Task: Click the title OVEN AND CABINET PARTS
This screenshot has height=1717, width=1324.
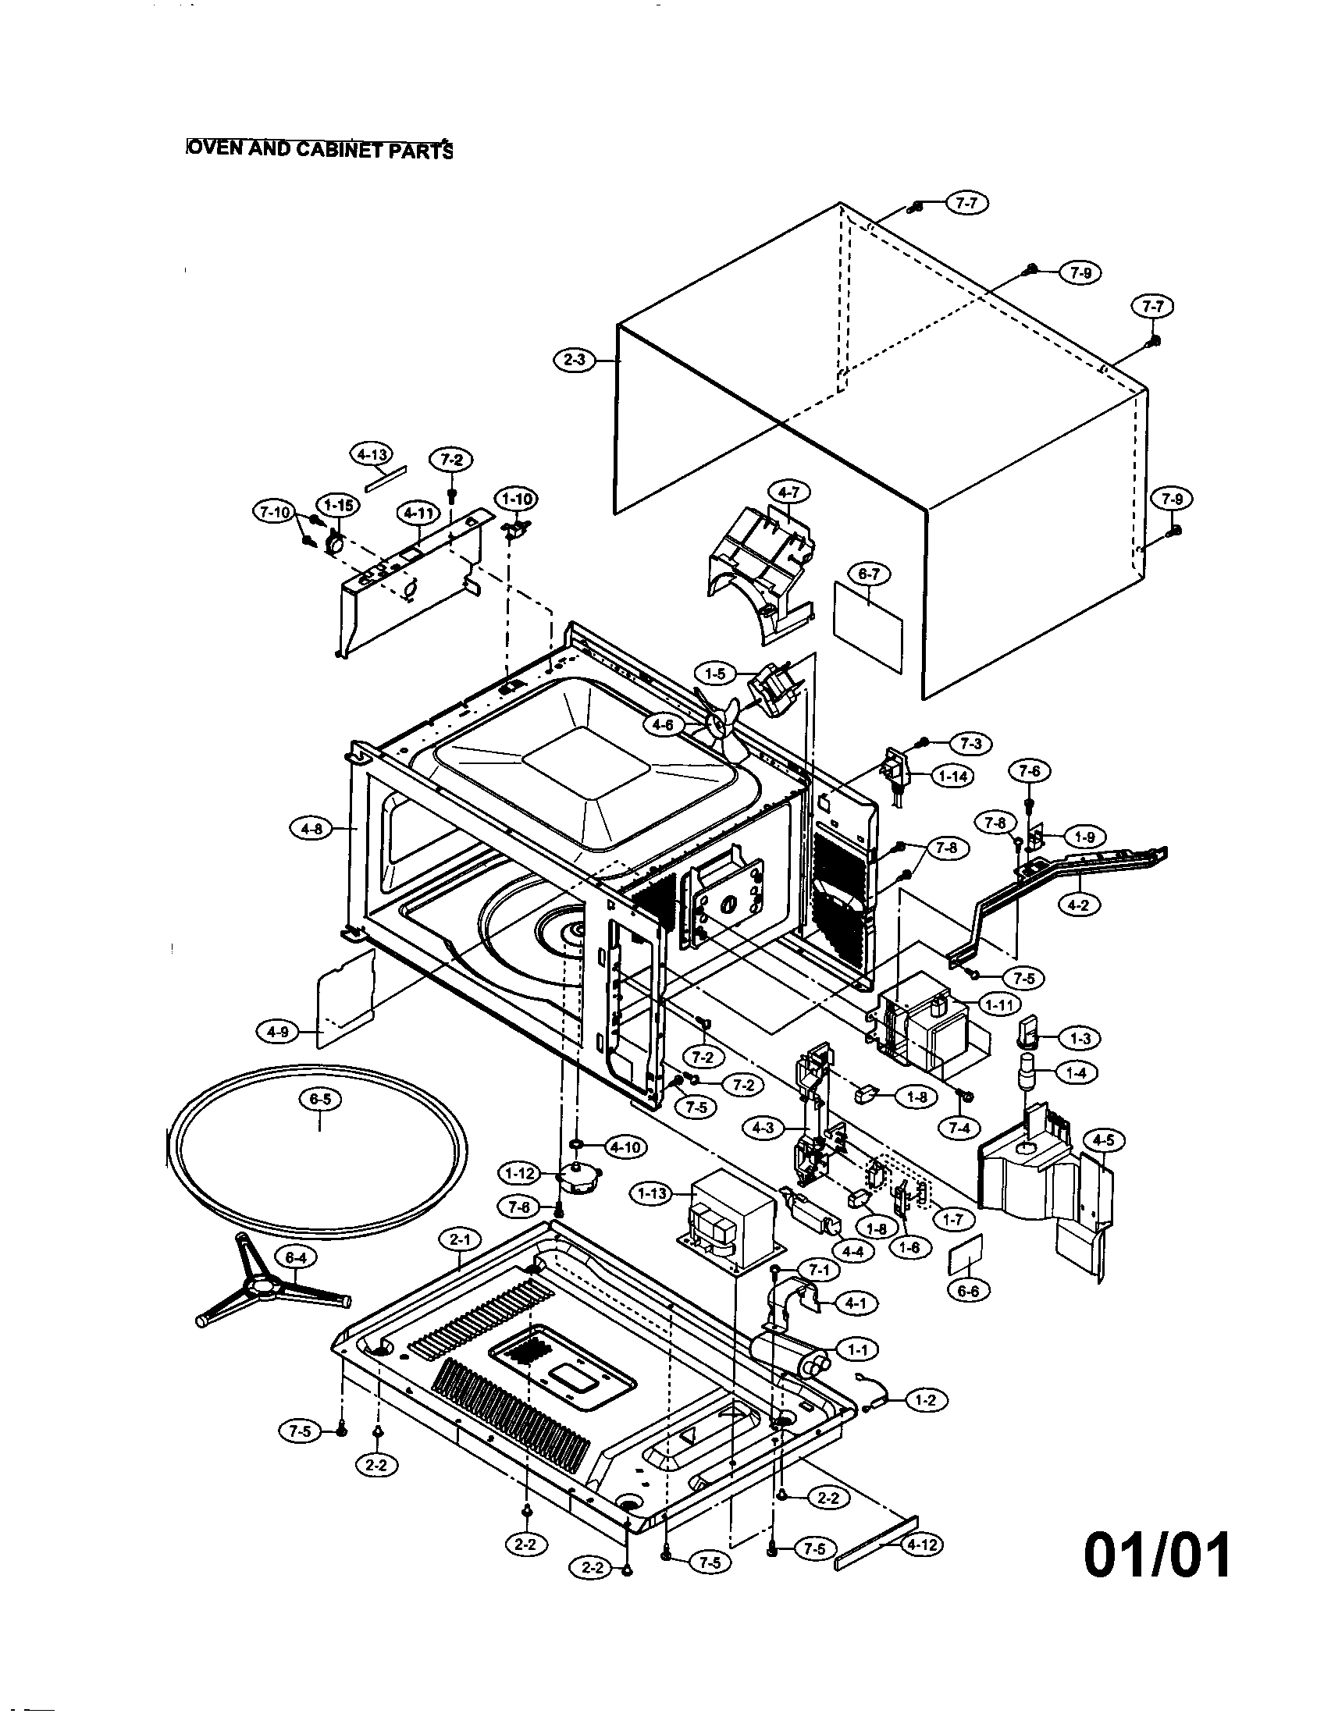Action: pyautogui.click(x=319, y=148)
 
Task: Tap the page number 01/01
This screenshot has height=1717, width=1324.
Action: pyautogui.click(x=1156, y=1554)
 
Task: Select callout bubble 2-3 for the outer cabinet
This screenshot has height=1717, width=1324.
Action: pyautogui.click(x=575, y=361)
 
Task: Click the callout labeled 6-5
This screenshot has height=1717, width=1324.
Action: pyautogui.click(x=320, y=1100)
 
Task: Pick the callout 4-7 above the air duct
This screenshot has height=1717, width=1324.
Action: pyautogui.click(x=788, y=493)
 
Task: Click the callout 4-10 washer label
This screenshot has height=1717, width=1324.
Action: pyautogui.click(x=625, y=1148)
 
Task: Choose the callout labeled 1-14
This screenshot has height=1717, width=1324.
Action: pyautogui.click(x=953, y=776)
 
